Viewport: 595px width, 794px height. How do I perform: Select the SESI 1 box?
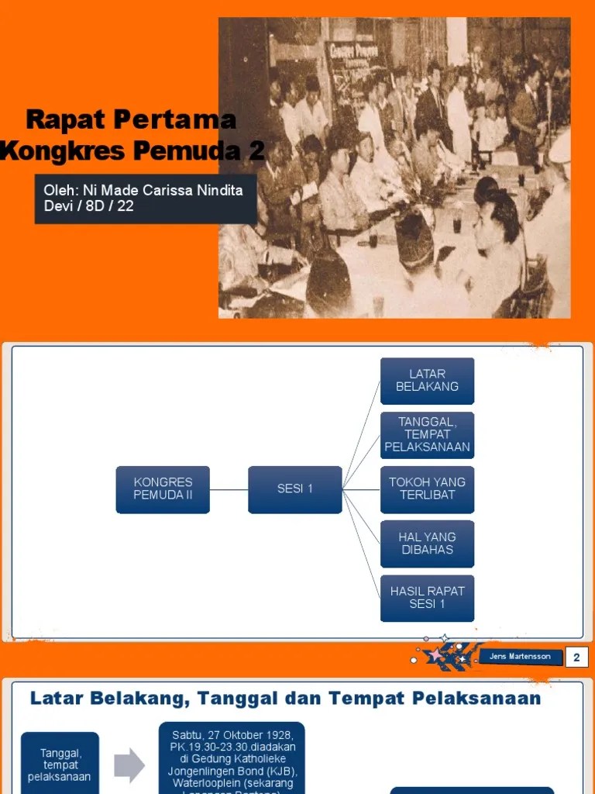tap(294, 489)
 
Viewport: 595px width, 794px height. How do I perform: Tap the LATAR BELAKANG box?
tap(427, 381)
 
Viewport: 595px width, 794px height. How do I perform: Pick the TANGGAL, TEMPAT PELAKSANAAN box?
tap(427, 435)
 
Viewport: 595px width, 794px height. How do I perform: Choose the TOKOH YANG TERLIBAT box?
tap(427, 489)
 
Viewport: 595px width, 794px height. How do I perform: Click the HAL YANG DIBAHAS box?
tap(427, 544)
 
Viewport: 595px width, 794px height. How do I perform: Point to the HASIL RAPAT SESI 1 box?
tap(427, 598)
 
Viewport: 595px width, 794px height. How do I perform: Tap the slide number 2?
tap(576, 658)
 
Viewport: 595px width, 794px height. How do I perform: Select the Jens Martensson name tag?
tap(520, 657)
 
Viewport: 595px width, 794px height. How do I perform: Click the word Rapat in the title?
tap(67, 121)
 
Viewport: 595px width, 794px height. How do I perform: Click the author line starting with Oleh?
tap(144, 198)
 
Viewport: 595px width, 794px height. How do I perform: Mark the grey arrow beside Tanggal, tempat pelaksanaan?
tap(129, 766)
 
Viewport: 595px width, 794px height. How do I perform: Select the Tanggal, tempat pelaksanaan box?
tap(60, 765)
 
